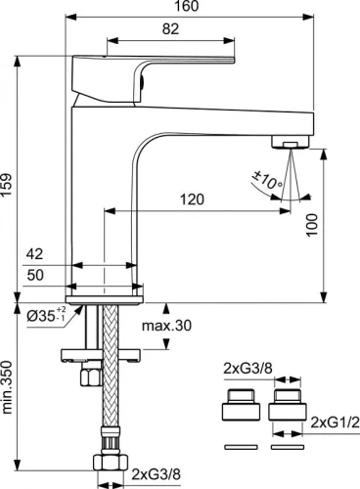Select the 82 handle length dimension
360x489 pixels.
(170, 29)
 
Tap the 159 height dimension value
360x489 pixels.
(7, 185)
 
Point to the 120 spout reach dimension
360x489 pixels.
(192, 200)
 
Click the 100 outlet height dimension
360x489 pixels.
(312, 225)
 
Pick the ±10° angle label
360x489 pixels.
(267, 180)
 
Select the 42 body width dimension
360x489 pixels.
(34, 254)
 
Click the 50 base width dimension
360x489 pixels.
(35, 275)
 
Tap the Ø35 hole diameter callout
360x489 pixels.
(47, 315)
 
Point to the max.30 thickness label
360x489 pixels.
(166, 326)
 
